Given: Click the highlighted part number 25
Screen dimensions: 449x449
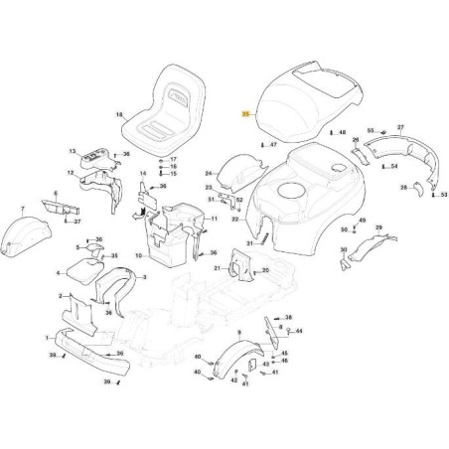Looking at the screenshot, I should (x=245, y=114).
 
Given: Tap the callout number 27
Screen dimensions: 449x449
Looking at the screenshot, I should (x=400, y=129).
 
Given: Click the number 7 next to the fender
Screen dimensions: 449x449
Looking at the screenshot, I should (x=24, y=210).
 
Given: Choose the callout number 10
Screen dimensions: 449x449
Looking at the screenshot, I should (x=139, y=255).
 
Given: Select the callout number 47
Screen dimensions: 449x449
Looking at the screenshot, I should (x=272, y=144).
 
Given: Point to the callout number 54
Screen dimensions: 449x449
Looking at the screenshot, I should (x=394, y=166).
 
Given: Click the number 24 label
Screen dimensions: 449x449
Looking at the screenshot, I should (x=209, y=173).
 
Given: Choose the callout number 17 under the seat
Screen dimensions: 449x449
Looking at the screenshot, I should (x=172, y=159).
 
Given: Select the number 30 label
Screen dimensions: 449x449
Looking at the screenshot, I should (x=343, y=250).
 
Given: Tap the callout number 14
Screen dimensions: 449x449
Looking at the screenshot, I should (x=142, y=173).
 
